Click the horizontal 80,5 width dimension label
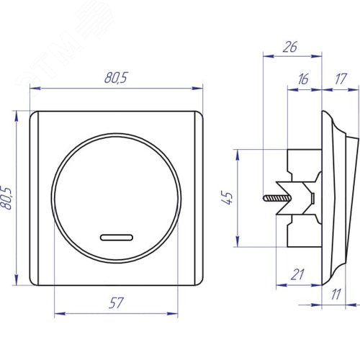(x=116, y=78)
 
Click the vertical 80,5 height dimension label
(x=6, y=198)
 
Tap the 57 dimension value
(x=116, y=303)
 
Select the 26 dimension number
(x=290, y=47)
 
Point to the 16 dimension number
(x=303, y=79)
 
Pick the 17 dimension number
(x=341, y=78)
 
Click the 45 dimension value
(x=227, y=198)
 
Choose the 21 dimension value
(x=297, y=274)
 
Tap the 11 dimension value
(x=336, y=294)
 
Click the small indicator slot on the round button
(x=117, y=238)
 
